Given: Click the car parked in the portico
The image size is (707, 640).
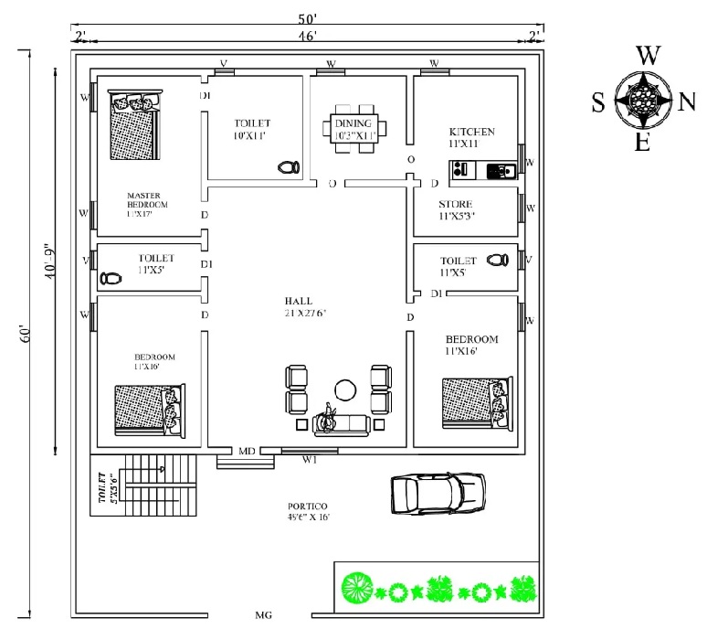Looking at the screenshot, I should coord(437,494).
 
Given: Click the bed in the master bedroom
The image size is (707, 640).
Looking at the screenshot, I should coord(134,124).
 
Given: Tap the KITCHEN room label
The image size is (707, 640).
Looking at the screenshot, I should coord(471,132).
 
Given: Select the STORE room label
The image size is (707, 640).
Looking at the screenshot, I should coord(455,204).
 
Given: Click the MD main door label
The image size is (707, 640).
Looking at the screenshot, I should coord(247,452).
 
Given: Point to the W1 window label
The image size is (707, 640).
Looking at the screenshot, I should coord(311,460).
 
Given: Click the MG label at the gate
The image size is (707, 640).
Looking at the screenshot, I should coord(264,616).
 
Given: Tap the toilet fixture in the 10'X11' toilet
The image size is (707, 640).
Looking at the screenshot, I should coord(288,167).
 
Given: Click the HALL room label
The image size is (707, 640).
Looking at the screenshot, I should coord(298,301).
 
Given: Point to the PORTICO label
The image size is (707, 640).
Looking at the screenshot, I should coord(301,507).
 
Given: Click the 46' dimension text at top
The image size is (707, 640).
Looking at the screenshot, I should coord(307,36).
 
